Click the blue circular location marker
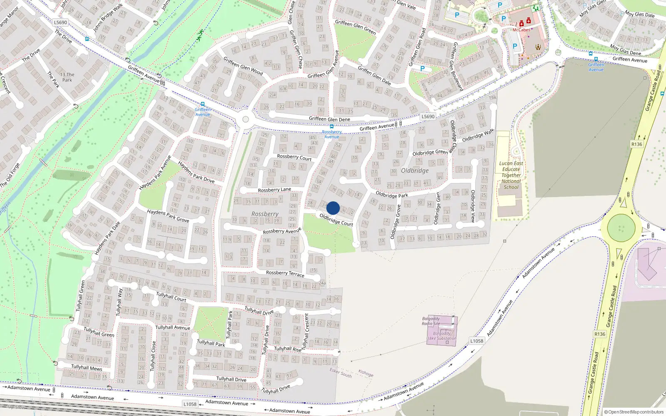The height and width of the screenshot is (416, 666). [333, 208]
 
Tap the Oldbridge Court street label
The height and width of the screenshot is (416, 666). [336, 220]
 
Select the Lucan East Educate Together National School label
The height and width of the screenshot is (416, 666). [511, 175]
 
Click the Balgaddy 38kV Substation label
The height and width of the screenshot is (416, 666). [442, 336]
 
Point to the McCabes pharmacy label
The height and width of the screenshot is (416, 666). [521, 30]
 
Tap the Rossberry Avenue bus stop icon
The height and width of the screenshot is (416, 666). [331, 126]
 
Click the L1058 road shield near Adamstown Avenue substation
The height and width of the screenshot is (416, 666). [477, 341]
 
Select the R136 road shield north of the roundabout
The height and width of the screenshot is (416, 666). [636, 144]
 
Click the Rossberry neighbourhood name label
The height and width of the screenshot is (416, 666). [265, 214]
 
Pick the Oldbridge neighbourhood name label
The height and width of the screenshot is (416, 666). [415, 171]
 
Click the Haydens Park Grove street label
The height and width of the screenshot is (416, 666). [168, 215]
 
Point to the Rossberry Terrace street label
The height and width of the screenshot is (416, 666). [285, 273]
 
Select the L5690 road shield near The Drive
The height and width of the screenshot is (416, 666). [60, 22]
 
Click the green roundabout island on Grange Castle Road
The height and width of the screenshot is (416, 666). [621, 228]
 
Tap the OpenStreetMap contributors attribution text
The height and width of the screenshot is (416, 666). [634, 412]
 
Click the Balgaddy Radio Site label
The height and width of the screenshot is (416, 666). [431, 321]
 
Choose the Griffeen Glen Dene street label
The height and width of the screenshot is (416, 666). [329, 119]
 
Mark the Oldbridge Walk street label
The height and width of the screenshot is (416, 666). [477, 136]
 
